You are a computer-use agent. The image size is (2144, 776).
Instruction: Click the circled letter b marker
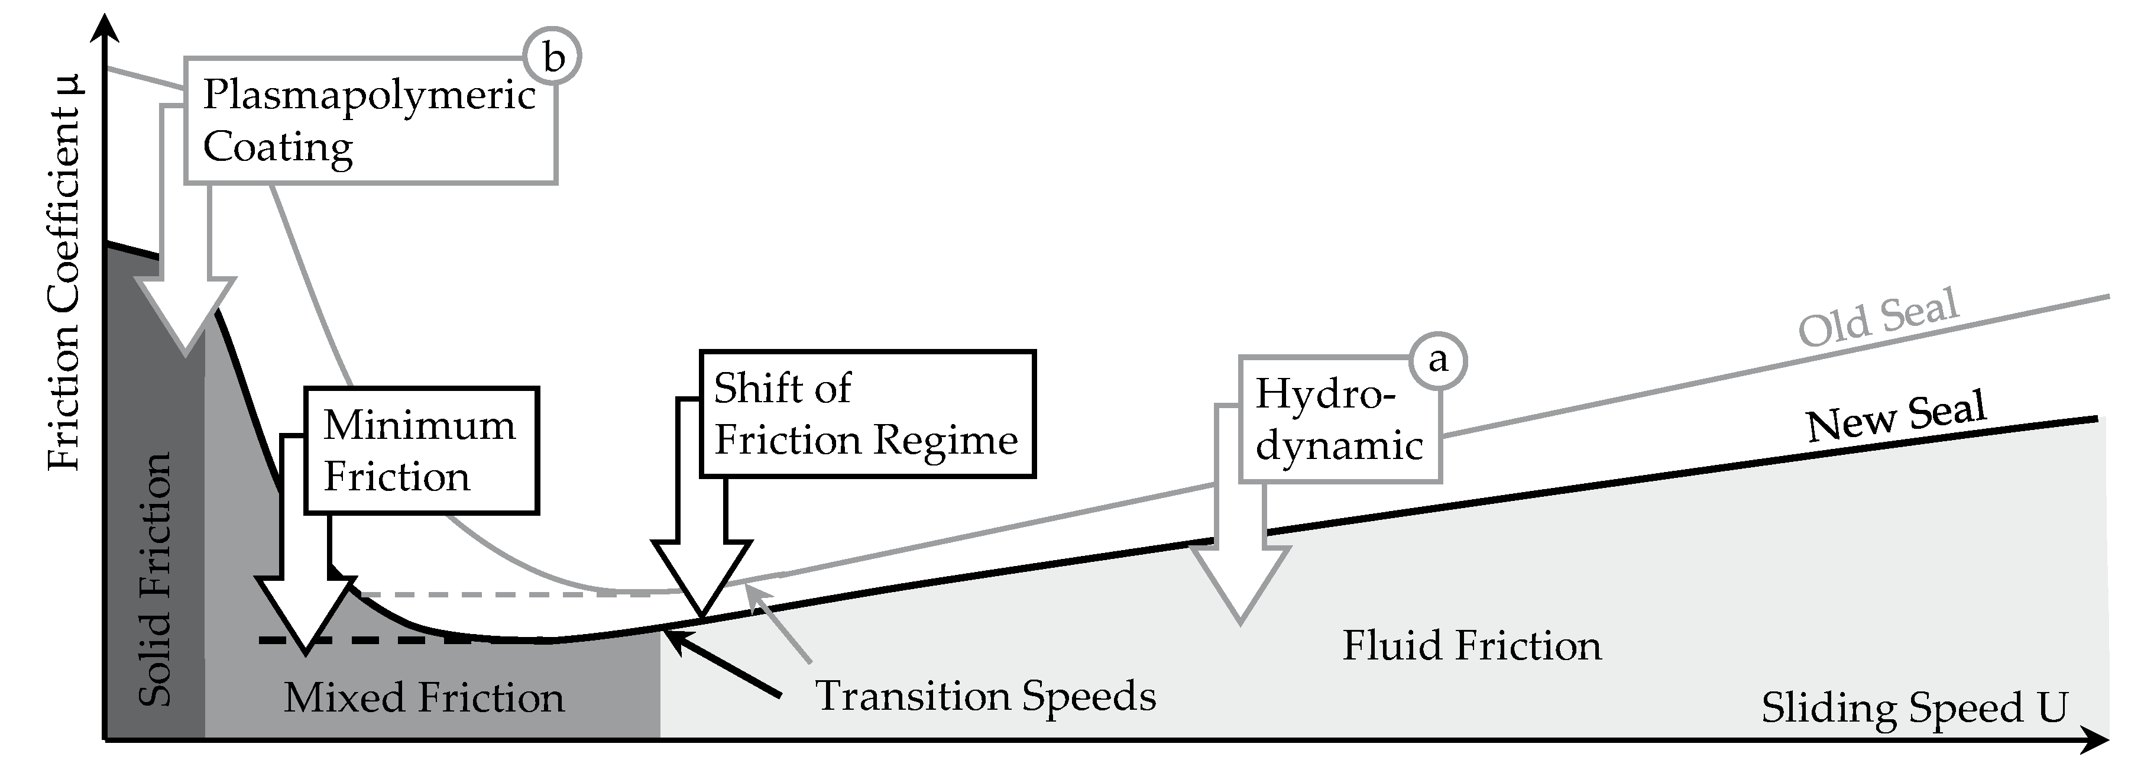coord(553,57)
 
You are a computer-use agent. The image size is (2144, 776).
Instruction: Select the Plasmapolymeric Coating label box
coord(370,121)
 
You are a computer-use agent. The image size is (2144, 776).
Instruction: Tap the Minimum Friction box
coord(421,451)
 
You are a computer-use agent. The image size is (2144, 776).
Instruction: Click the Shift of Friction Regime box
coord(867,414)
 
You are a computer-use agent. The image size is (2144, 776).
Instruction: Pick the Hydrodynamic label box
coord(1339,419)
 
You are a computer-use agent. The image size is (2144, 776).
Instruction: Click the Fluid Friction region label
coord(1471,646)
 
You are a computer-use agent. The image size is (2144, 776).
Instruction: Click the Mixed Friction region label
coord(423,698)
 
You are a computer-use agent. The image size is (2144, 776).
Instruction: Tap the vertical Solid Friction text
coord(155,578)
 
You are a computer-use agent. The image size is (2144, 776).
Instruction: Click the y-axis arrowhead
coord(104,27)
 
